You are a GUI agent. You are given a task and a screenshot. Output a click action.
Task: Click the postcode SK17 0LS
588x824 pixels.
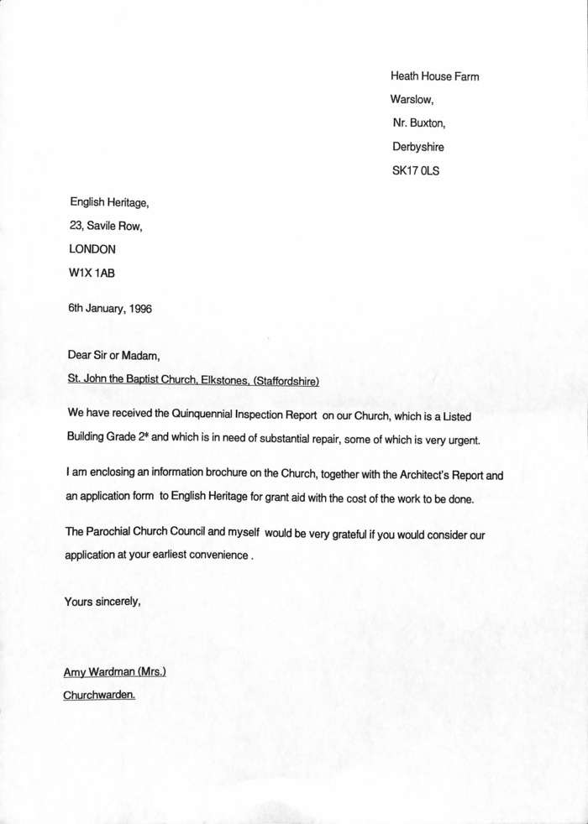point(416,171)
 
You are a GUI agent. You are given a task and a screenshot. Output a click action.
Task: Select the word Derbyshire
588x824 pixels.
point(417,147)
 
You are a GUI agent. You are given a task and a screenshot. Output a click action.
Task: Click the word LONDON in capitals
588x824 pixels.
point(92,249)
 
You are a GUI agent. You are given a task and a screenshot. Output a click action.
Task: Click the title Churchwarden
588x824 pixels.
point(99,695)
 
